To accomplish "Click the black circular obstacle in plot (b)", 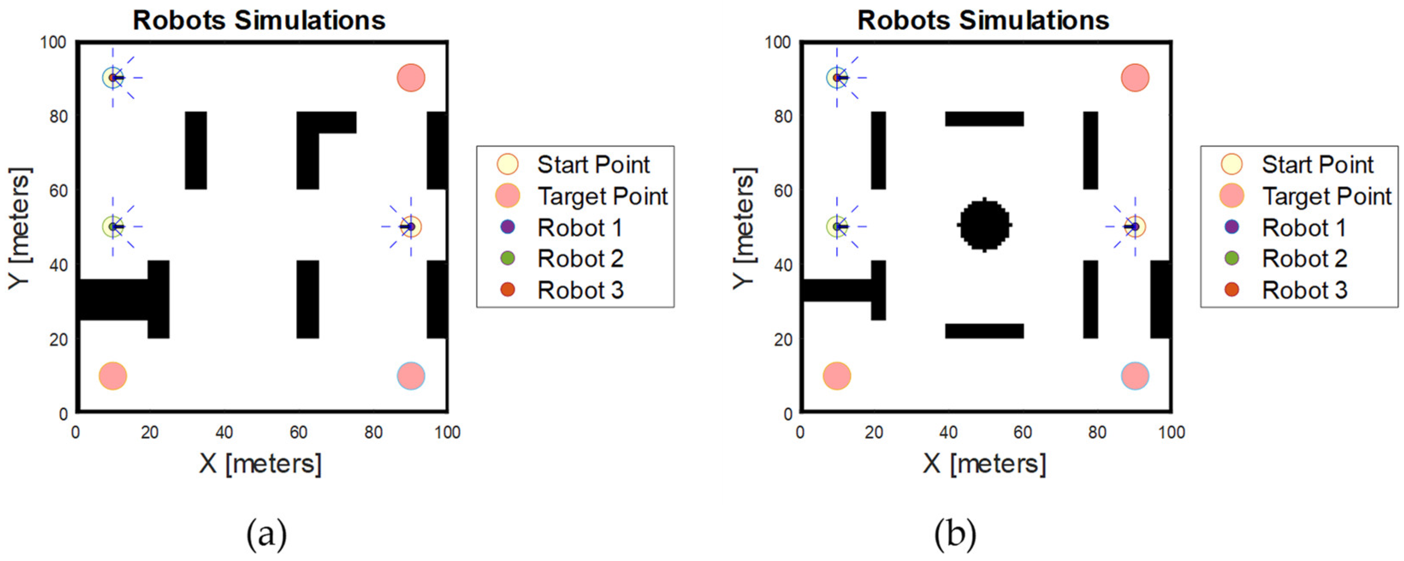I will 984,225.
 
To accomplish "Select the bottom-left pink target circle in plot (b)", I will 837,376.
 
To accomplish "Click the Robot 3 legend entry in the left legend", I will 579,290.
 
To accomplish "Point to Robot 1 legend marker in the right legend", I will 1231,227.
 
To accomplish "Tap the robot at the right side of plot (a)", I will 410,227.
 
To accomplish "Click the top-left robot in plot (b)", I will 837,78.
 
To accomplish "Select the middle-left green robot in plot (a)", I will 113,227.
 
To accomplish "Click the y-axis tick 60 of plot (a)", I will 58,191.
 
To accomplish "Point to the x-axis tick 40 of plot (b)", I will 948,432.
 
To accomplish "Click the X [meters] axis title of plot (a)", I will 261,464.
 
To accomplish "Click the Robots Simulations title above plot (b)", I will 983,21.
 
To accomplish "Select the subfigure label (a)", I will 267,534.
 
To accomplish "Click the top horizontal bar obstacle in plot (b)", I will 984,119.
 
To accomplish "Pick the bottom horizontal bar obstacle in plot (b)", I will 984,331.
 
